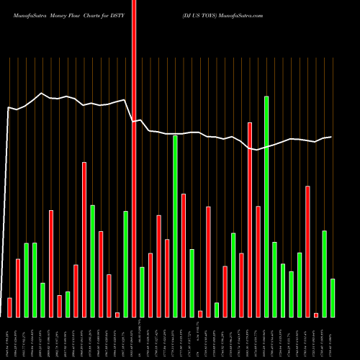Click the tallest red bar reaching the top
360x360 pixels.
pos(134,158)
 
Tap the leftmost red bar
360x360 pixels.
pos(9,307)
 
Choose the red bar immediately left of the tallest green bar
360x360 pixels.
pos(258,261)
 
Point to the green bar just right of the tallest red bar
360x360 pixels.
pos(142,292)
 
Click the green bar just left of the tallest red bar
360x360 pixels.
pos(125,264)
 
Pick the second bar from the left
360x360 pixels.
pos(18,288)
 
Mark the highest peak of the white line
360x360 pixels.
pos(42,93)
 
